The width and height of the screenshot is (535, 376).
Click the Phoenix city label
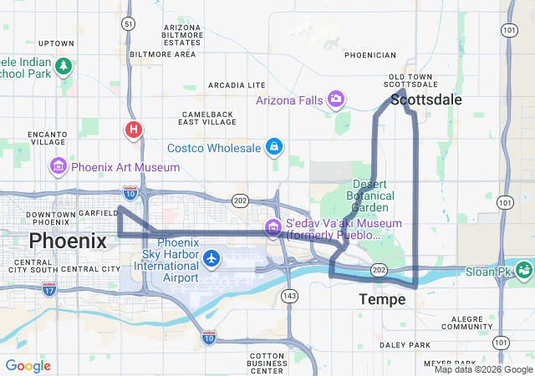click(68, 241)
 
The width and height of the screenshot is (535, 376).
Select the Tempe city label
click(382, 298)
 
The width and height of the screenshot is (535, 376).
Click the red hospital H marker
click(133, 130)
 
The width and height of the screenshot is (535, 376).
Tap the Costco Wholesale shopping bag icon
click(273, 148)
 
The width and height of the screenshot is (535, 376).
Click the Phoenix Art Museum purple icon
click(59, 166)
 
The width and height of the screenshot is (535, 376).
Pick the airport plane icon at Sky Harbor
click(211, 259)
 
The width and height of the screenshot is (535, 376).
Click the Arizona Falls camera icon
click(336, 100)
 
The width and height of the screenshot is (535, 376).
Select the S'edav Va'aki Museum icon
click(273, 226)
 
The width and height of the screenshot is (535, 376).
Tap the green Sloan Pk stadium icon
click(524, 270)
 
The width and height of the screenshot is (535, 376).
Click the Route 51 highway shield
click(127, 24)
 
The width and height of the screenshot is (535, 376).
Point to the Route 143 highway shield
click(290, 296)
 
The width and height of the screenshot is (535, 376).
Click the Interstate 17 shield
click(49, 289)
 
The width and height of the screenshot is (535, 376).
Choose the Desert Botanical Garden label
click(369, 196)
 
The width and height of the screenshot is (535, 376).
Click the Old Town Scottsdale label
click(408, 81)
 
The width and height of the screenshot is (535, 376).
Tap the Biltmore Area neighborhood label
click(163, 53)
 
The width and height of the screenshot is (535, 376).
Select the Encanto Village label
click(47, 138)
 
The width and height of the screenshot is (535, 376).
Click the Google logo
click(28, 366)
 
